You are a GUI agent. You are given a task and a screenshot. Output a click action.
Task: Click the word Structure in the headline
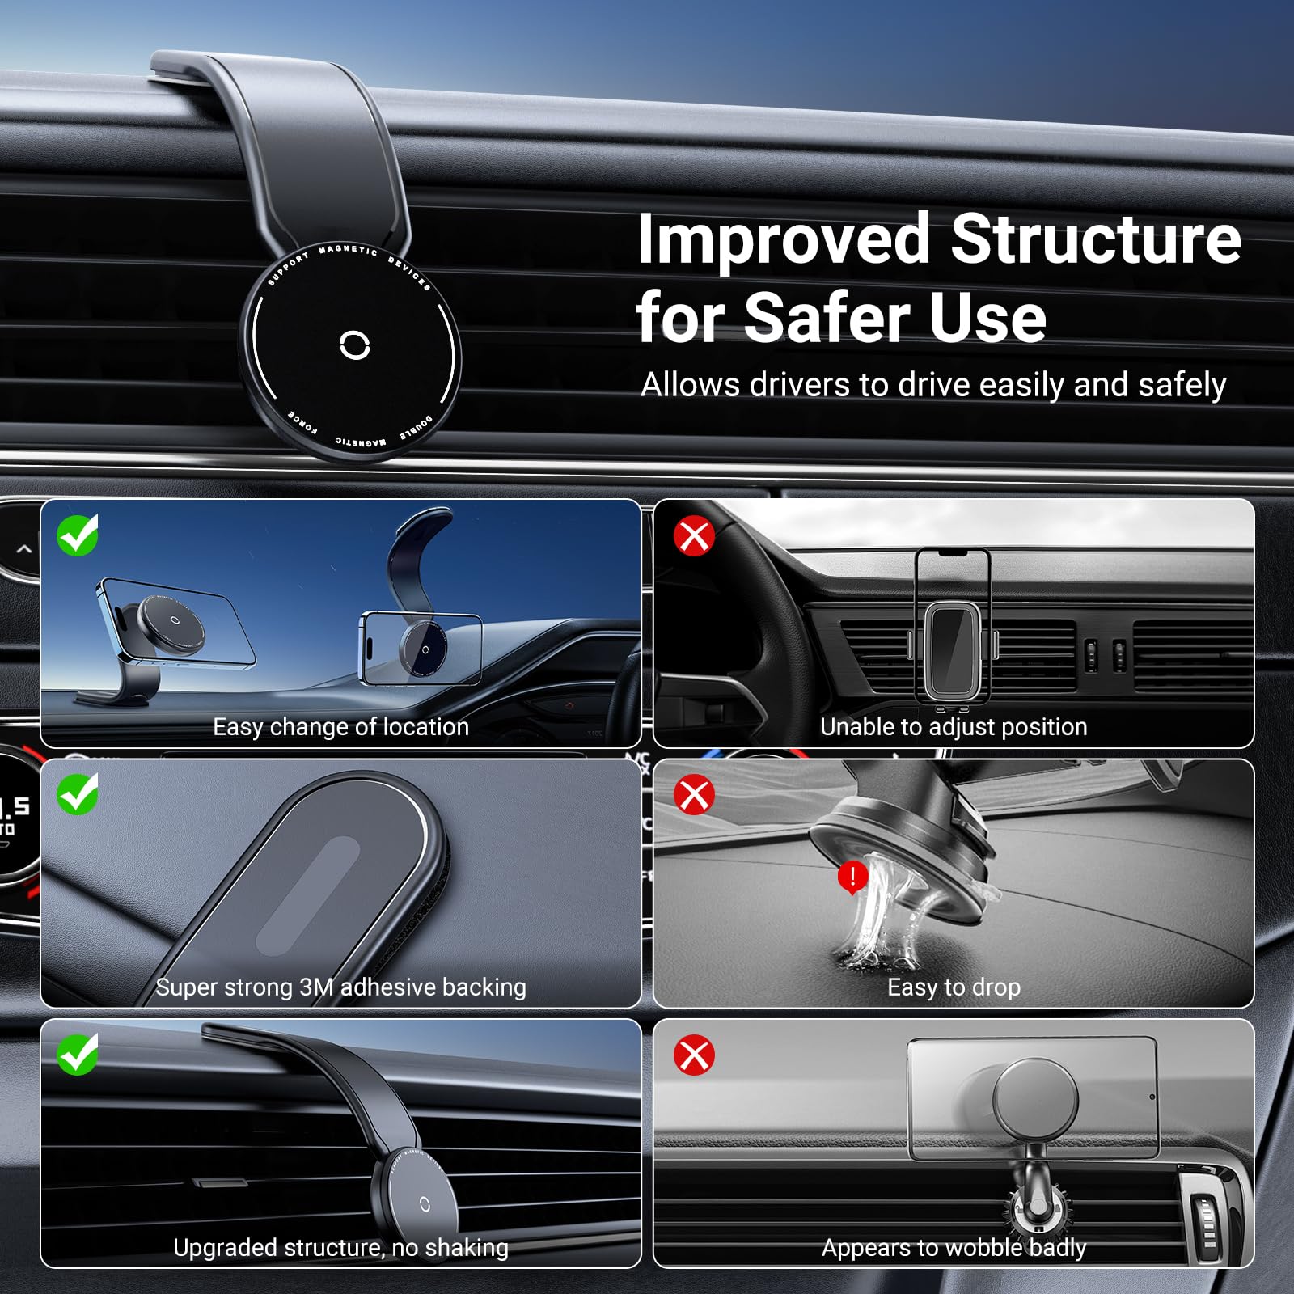(1095, 239)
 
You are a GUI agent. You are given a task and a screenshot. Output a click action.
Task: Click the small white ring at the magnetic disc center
(355, 345)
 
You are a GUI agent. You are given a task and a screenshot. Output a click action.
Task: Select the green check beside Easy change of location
(78, 535)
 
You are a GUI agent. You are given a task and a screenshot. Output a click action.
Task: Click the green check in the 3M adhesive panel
(78, 794)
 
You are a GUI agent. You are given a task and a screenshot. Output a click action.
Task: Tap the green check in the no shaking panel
(78, 1055)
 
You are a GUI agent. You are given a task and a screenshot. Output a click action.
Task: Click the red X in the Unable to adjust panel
(694, 535)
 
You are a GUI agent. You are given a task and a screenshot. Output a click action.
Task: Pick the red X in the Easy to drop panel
(694, 795)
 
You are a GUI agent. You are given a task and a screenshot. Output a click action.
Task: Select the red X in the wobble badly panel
(694, 1055)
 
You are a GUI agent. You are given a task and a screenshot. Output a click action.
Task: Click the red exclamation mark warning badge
(852, 876)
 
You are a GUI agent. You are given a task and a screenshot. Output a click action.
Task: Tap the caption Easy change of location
(340, 727)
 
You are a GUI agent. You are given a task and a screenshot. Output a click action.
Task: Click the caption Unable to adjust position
(954, 727)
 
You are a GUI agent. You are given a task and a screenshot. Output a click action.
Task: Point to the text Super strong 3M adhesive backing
(340, 987)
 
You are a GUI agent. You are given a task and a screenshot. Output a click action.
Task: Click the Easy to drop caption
(954, 987)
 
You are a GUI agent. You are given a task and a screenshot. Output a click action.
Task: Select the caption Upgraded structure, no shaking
(340, 1248)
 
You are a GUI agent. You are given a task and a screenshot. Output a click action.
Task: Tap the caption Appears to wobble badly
(954, 1248)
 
